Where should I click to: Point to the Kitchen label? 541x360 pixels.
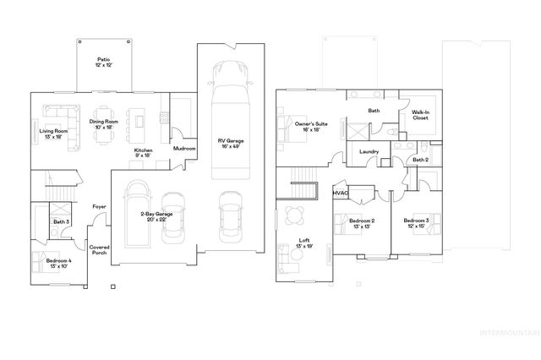pos(144,153)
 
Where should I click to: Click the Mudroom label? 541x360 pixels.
pos(184,149)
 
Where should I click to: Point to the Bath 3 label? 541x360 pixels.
pos(60,222)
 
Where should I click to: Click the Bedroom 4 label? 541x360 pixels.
pos(59,264)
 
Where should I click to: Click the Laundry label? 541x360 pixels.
pos(369,152)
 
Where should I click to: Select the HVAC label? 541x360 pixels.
pos(341,194)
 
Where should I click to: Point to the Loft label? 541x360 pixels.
pos(304,243)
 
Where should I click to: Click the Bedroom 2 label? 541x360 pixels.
pos(362,224)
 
